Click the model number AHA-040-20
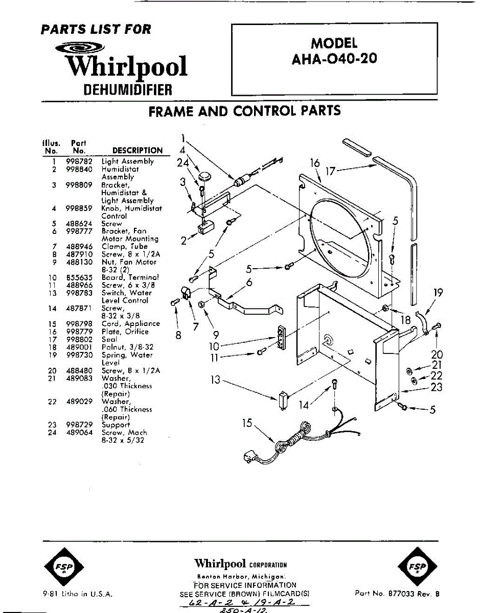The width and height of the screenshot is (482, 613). [x=334, y=58]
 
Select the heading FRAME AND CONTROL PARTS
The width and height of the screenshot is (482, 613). [x=244, y=111]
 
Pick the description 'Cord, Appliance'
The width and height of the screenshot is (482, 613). [x=130, y=324]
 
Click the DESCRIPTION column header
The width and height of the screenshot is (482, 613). [x=137, y=151]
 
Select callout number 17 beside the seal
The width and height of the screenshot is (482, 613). [x=331, y=171]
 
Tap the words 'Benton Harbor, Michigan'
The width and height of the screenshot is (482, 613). [x=241, y=576]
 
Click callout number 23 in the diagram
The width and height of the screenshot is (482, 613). [x=436, y=387]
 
